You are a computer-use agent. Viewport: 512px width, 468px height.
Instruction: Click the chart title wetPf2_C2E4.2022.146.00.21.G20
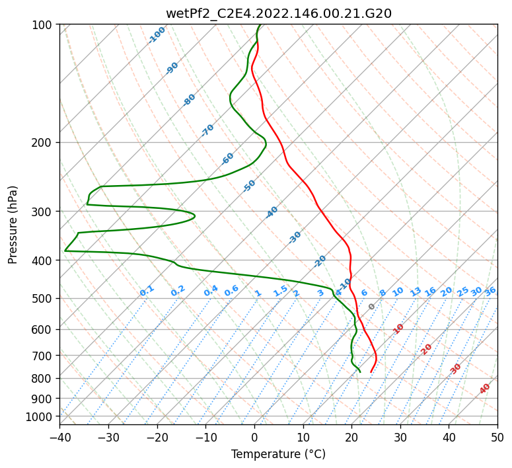(278, 13)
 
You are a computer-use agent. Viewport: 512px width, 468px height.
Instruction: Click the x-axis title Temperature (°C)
(278, 455)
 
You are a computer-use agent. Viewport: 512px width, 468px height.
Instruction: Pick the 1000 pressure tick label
(41, 416)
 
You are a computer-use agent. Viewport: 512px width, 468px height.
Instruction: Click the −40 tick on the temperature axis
(60, 438)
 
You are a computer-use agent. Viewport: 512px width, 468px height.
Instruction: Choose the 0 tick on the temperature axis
(254, 438)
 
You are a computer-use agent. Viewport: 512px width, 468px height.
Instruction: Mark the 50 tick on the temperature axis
(497, 438)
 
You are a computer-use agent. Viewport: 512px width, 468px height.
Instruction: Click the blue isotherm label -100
(157, 35)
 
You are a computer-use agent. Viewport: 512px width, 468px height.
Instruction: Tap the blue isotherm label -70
(207, 130)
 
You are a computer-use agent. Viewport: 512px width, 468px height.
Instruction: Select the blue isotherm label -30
(295, 237)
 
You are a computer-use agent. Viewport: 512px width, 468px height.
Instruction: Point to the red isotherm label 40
(485, 389)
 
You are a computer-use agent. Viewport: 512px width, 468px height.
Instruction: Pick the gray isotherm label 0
(372, 307)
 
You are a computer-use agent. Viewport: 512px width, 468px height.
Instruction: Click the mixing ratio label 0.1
(147, 291)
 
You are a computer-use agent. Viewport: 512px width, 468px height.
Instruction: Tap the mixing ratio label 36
(490, 291)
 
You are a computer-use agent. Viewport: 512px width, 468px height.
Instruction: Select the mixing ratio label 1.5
(280, 291)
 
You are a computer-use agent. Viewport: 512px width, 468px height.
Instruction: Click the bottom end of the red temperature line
(371, 372)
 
